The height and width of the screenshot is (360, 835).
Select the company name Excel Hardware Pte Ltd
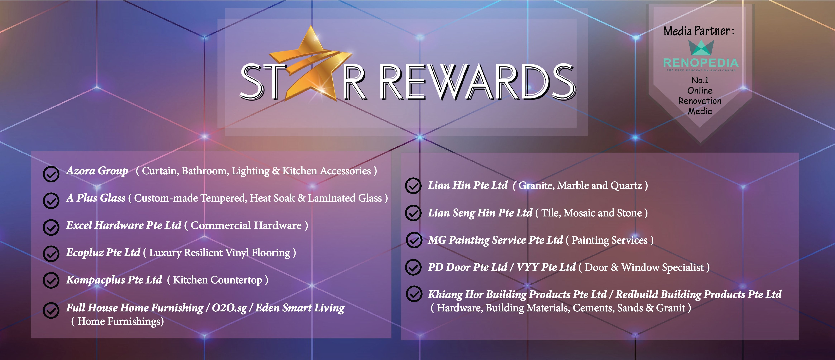pos(124,225)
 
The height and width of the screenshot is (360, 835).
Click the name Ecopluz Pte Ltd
pos(103,252)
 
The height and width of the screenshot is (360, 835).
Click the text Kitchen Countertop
pos(217,280)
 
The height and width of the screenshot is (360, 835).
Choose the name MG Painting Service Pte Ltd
pos(495,240)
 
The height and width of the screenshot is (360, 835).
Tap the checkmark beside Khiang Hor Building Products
pos(414,294)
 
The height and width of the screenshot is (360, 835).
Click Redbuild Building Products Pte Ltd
pos(699,294)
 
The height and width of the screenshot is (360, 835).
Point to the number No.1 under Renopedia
pos(700,80)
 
